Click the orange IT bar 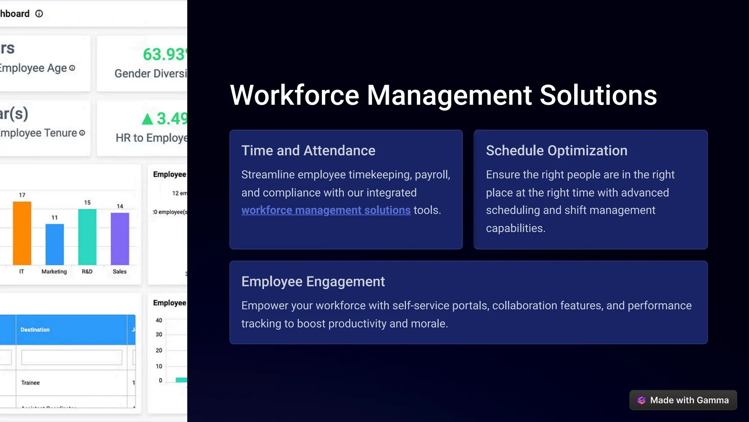[22, 233]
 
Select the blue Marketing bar [54, 244]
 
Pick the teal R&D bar [87, 237]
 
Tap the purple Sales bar [120, 239]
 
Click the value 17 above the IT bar [22, 195]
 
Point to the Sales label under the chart [120, 271]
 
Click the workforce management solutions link [326, 210]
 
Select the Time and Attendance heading [308, 151]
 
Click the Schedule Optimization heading [556, 151]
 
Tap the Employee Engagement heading [313, 282]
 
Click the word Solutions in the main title [598, 95]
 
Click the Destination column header [35, 329]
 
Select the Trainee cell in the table [30, 383]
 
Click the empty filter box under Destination [72, 357]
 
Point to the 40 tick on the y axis [159, 320]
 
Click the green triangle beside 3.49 [147, 119]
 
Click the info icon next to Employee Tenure [82, 133]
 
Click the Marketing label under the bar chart [54, 271]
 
